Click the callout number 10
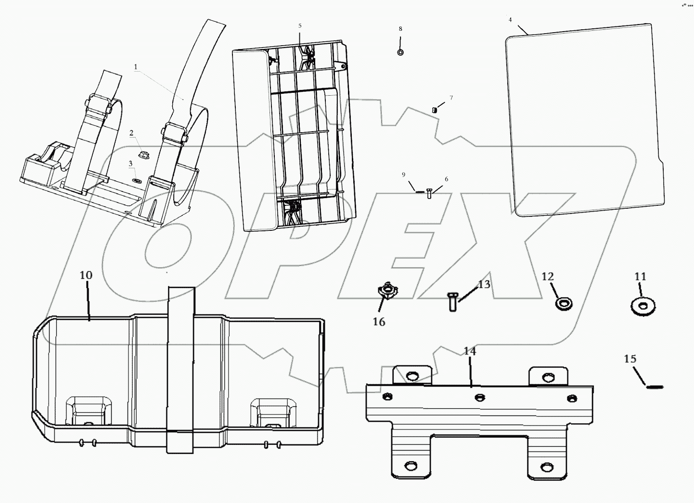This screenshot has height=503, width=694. click(86, 276)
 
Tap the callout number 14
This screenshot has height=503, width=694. click(470, 352)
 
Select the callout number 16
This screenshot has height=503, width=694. click(379, 322)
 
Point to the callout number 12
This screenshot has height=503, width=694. click(548, 277)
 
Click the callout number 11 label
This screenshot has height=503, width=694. click(640, 277)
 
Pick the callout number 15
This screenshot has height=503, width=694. click(630, 359)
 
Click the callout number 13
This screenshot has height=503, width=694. click(484, 284)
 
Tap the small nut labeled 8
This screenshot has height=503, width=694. click(400, 52)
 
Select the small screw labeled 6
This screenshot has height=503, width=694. click(429, 193)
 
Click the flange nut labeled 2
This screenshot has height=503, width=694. click(142, 154)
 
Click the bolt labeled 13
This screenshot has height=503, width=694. click(452, 302)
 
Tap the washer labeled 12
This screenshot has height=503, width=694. click(563, 303)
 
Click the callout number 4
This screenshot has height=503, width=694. click(510, 20)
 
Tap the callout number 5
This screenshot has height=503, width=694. click(300, 25)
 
